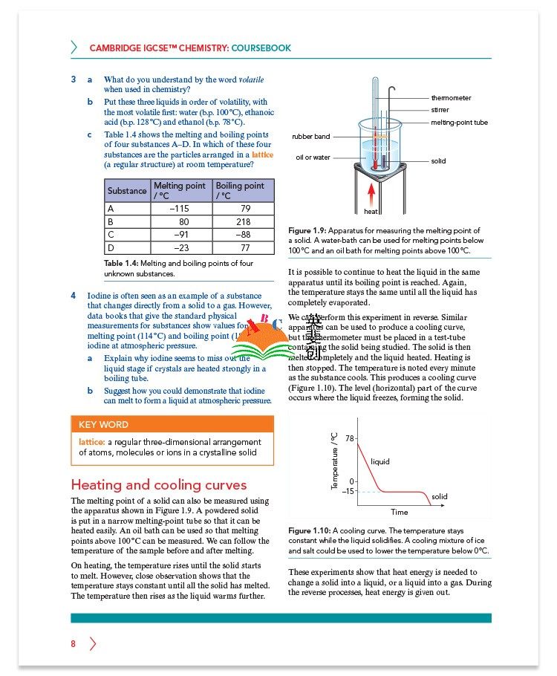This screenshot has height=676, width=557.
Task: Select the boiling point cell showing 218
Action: click(243, 221)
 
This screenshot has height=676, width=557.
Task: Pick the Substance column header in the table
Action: click(127, 191)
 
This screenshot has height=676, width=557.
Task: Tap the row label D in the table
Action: click(111, 248)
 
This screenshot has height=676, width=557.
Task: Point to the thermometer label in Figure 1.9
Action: click(451, 98)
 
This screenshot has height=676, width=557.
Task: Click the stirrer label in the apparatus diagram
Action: click(440, 110)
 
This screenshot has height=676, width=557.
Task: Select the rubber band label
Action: click(310, 137)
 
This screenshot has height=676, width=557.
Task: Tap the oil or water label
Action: click(313, 157)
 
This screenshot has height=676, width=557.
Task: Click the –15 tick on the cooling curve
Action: click(347, 492)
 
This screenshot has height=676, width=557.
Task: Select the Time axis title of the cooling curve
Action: click(399, 513)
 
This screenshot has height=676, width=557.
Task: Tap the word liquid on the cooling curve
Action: click(380, 462)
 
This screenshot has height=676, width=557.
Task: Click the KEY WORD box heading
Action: click(103, 425)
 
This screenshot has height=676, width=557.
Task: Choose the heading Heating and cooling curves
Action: click(158, 485)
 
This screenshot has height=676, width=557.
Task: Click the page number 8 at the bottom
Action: click(74, 644)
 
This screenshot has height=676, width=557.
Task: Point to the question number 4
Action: click(74, 295)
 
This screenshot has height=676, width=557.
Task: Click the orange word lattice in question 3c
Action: click(262, 155)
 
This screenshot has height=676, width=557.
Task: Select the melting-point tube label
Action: click(459, 123)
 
